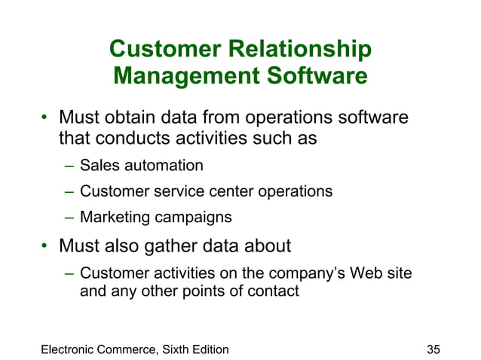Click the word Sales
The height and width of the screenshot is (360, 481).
click(x=98, y=165)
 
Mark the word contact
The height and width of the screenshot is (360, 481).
click(x=275, y=290)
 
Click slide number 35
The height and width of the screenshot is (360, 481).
click(x=433, y=349)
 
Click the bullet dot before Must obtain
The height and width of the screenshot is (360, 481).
click(x=44, y=118)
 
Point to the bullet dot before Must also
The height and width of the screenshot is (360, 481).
click(x=44, y=246)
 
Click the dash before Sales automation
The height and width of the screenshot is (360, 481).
click(x=68, y=166)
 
